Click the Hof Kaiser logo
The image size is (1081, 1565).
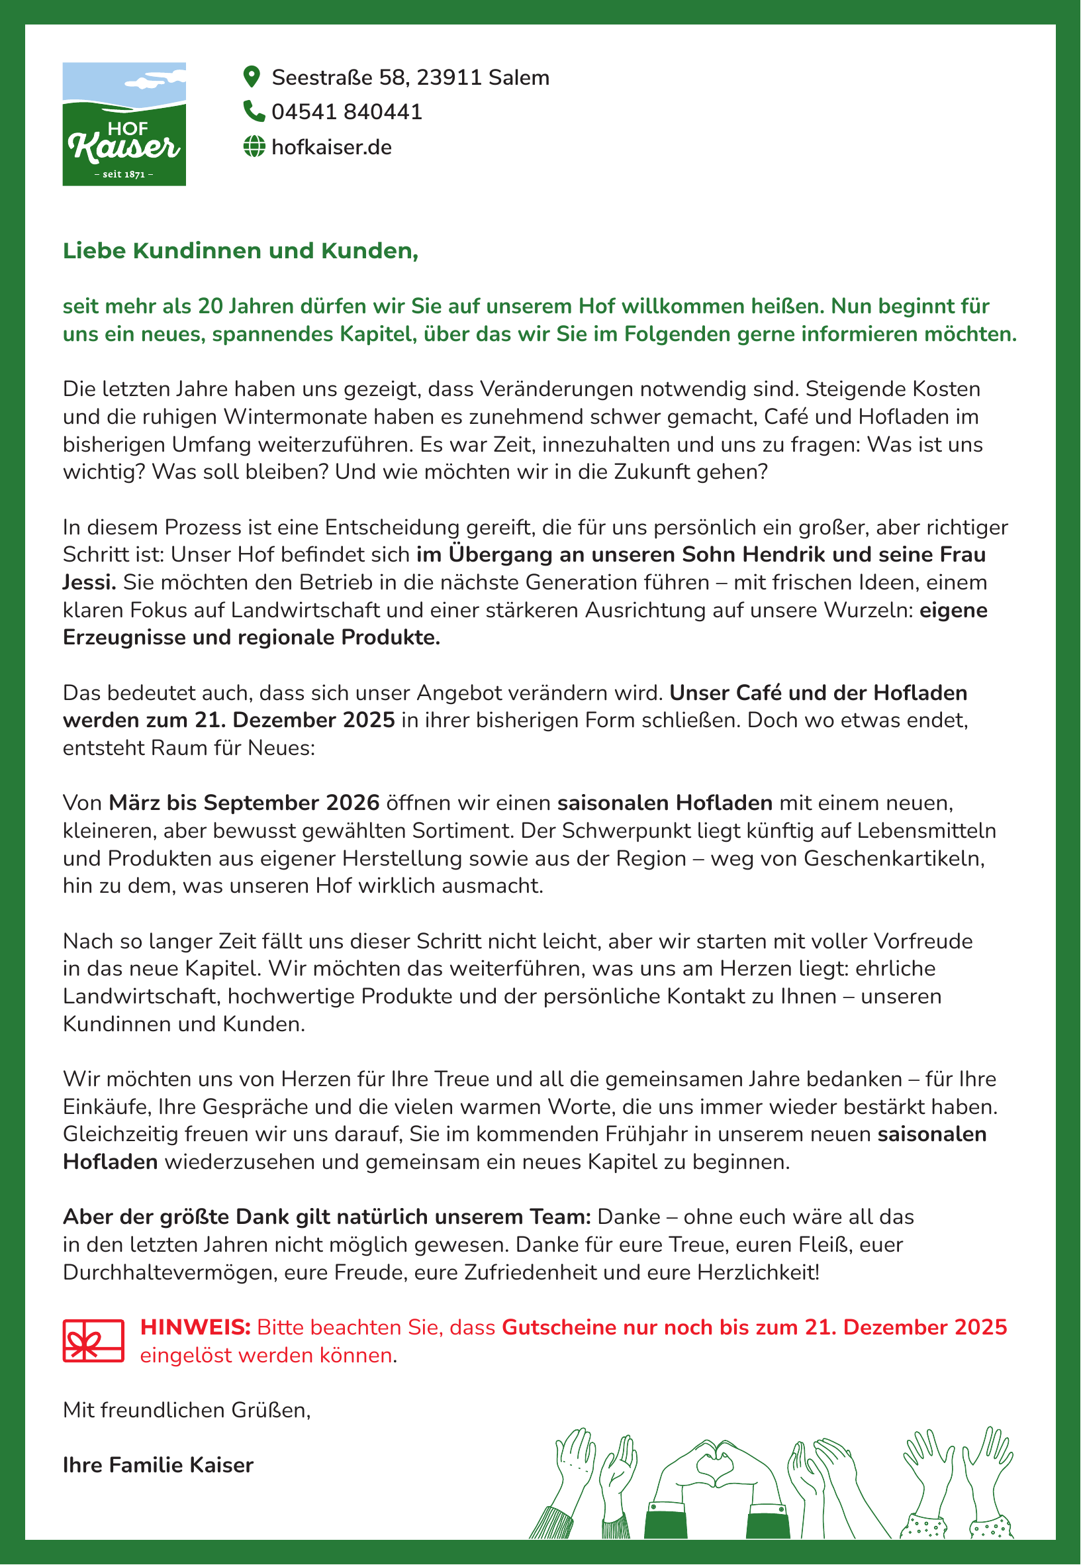click(x=124, y=124)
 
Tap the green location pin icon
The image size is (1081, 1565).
click(x=252, y=77)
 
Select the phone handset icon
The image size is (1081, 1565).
click(x=254, y=111)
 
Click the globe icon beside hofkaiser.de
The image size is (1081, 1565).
click(x=254, y=146)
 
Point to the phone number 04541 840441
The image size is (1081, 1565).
click(x=347, y=112)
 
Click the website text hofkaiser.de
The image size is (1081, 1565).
click(x=331, y=147)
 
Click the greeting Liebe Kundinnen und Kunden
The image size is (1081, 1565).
click(x=240, y=250)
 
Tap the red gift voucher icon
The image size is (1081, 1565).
click(x=93, y=1340)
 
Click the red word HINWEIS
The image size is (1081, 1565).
click(x=195, y=1327)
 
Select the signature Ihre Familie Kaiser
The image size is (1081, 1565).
click(x=158, y=1465)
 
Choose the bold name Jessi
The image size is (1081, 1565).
click(x=89, y=583)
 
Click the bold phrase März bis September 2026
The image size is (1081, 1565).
click(x=244, y=803)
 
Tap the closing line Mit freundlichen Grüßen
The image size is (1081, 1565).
click(x=186, y=1410)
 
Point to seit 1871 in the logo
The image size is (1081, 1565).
click(x=124, y=174)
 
